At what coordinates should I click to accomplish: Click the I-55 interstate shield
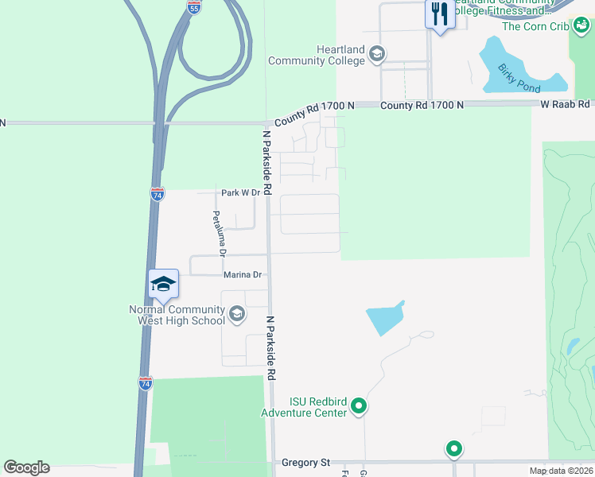pyautogui.click(x=194, y=7)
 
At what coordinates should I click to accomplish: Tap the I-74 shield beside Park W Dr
pyautogui.click(x=157, y=194)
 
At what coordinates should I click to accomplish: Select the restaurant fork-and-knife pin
pyautogui.click(x=440, y=14)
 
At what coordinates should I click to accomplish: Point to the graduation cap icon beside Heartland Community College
pyautogui.click(x=377, y=55)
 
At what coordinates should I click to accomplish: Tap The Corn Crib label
pyautogui.click(x=535, y=26)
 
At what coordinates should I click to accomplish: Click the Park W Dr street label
pyautogui.click(x=240, y=192)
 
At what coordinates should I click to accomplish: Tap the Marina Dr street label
pyautogui.click(x=242, y=274)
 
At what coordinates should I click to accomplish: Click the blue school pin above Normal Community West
pyautogui.click(x=163, y=284)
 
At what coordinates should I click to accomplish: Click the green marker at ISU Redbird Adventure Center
pyautogui.click(x=359, y=407)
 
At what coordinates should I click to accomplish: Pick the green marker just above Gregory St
pyautogui.click(x=454, y=449)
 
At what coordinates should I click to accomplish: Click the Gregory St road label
pyautogui.click(x=306, y=462)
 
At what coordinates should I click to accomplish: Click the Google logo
pyautogui.click(x=26, y=467)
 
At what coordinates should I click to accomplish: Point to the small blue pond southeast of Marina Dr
pyautogui.click(x=385, y=318)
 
